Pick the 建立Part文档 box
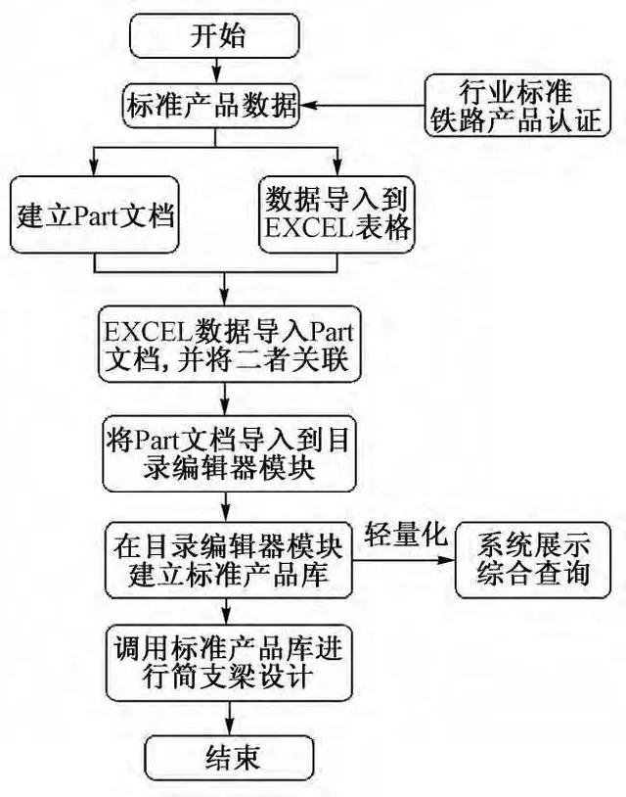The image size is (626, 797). pyautogui.click(x=95, y=214)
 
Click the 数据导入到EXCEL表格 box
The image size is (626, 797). pyautogui.click(x=338, y=214)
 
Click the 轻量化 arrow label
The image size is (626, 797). pyautogui.click(x=406, y=535)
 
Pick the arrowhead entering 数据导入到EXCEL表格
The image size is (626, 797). pyautogui.click(x=337, y=169)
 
